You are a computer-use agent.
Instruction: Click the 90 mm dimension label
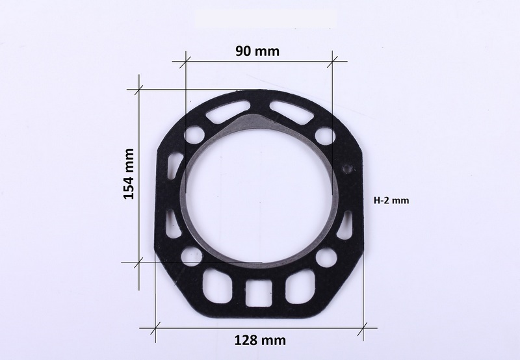coord(257,51)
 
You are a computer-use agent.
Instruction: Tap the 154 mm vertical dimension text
coord(129,174)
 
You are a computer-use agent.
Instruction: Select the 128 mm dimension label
coord(260,340)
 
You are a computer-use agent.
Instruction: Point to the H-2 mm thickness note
coord(391,200)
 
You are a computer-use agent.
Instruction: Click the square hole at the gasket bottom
coord(259,293)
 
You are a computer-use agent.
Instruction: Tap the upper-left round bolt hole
coord(194,135)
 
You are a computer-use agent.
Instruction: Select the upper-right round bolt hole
coord(324,136)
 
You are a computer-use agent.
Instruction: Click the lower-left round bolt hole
coord(191,257)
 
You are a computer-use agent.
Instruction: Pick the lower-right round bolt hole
coord(326,259)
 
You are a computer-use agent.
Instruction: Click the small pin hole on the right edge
coord(348,169)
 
